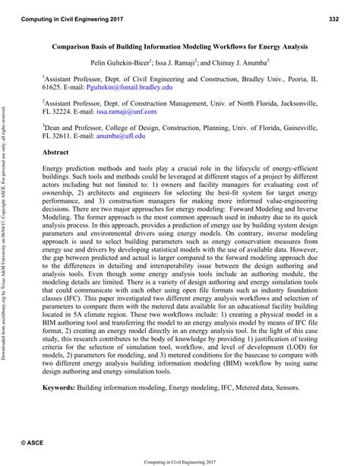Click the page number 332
338,14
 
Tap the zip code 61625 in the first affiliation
53,87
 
